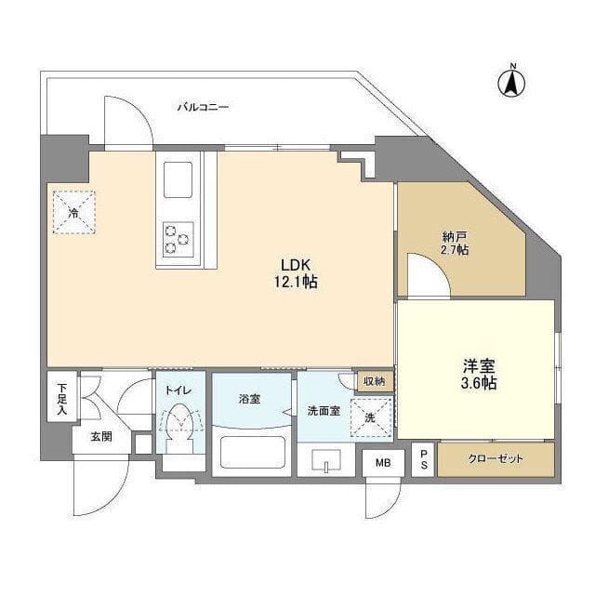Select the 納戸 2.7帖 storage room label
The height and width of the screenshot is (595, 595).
(x=455, y=244)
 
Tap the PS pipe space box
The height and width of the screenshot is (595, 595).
(x=424, y=458)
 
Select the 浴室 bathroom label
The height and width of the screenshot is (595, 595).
(x=249, y=398)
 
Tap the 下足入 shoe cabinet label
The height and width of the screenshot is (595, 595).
(x=61, y=397)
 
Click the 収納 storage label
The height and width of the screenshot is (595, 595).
(x=374, y=380)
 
